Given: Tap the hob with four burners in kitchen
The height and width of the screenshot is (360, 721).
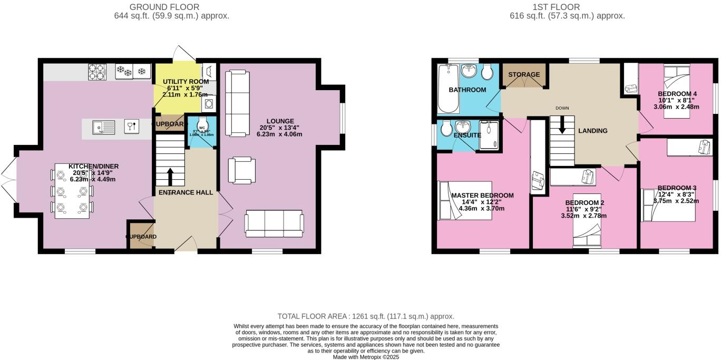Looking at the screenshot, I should (x=97, y=72).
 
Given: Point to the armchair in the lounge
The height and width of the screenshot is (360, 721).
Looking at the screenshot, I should (x=242, y=171).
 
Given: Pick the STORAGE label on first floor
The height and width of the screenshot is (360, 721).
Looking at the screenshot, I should (x=524, y=74).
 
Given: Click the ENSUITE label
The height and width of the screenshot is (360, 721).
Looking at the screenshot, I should (x=467, y=135).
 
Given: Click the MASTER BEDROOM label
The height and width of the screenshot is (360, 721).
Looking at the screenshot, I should (x=482, y=195).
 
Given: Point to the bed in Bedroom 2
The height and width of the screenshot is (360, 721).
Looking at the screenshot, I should (x=587, y=235).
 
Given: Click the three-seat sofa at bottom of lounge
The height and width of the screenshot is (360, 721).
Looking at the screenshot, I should (x=274, y=223).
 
